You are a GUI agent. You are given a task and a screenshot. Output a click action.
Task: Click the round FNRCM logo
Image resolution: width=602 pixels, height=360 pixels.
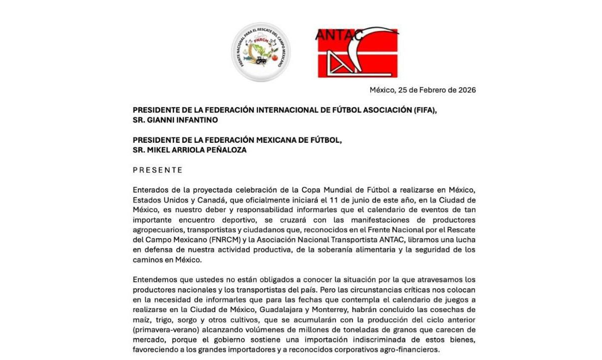click(x=261, y=52)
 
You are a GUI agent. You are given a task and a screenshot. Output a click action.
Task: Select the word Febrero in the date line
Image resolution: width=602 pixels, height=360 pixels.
click(x=431, y=90)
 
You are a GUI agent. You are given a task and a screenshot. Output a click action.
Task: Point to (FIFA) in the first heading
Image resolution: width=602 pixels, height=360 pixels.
click(x=425, y=110)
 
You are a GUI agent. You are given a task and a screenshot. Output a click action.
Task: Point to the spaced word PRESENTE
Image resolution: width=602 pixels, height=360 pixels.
click(x=158, y=170)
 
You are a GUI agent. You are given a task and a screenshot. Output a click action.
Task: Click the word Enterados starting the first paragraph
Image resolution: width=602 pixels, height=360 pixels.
click(x=150, y=190)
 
